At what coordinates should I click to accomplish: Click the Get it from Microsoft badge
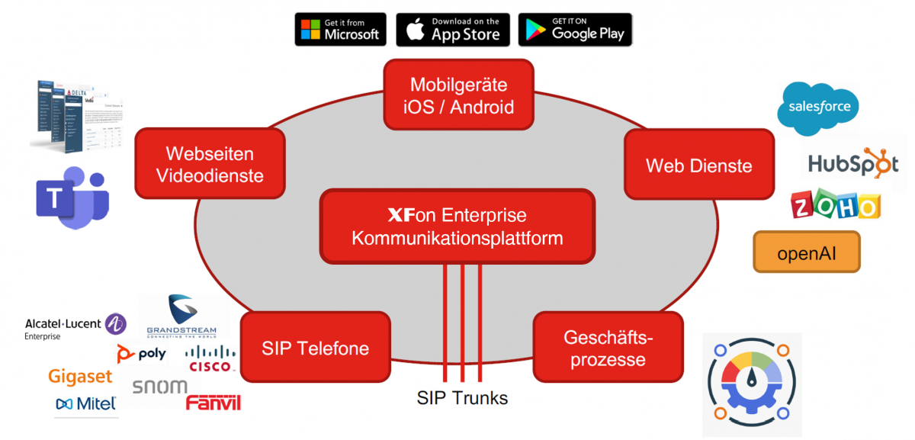[340, 29]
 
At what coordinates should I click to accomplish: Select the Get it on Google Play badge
[575, 29]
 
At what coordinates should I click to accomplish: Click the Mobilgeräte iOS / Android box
[458, 95]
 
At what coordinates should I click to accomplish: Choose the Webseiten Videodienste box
[210, 165]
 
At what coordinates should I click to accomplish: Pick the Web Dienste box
[698, 165]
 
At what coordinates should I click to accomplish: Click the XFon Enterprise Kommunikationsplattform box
[457, 226]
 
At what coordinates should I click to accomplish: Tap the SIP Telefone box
[315, 348]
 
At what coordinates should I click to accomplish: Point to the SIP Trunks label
[462, 397]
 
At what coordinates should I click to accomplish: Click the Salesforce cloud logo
[818, 108]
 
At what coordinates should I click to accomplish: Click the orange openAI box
[806, 252]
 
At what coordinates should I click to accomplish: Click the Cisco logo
[210, 358]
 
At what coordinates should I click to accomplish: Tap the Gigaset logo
[80, 377]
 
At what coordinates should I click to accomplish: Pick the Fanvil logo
[213, 402]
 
